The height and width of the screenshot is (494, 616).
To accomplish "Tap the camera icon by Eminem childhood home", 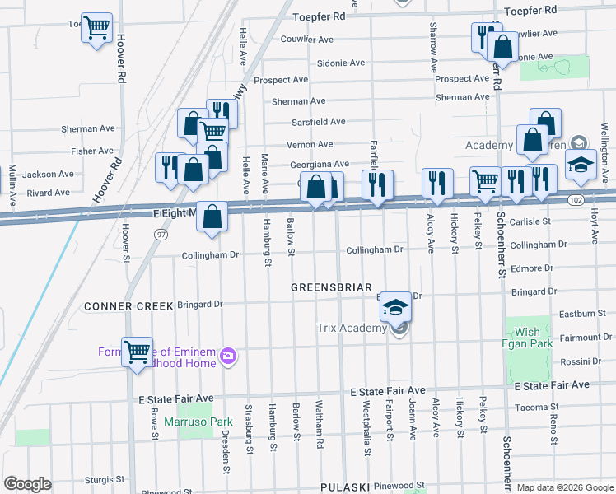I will coord(228,356).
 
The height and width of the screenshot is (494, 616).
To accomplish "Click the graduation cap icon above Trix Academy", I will coord(395,307).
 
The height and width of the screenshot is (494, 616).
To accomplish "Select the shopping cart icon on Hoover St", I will coord(137,352).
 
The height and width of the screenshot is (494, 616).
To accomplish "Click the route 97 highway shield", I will coord(161,234).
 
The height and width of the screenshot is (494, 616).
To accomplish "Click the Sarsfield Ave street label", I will coord(318,121).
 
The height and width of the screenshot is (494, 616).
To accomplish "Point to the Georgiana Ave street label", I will coord(320,165).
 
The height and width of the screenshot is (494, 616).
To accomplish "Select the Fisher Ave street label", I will coord(92,151).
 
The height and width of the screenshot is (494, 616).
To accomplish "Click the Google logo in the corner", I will coord(27,484).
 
